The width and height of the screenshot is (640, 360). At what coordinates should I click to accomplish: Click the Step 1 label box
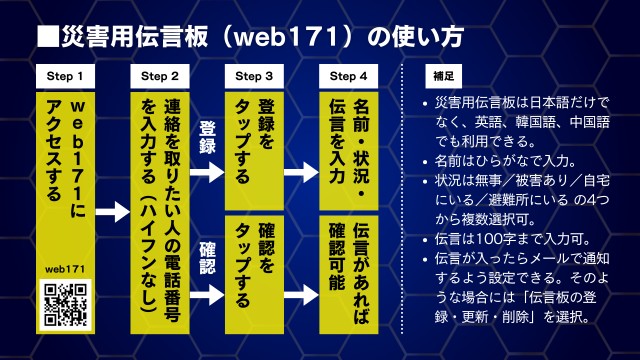(65, 76)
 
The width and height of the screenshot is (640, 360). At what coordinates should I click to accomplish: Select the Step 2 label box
(160, 76)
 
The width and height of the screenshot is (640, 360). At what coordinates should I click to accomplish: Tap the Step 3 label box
(254, 76)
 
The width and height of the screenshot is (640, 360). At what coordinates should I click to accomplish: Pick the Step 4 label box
(348, 76)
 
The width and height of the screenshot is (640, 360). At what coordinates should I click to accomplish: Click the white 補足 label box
(443, 76)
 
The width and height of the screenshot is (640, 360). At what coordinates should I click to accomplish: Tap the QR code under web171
(65, 305)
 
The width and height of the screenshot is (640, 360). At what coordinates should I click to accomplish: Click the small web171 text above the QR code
(65, 269)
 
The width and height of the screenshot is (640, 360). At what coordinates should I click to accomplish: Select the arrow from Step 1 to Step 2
(113, 212)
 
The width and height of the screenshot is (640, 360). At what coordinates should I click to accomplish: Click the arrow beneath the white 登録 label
(207, 172)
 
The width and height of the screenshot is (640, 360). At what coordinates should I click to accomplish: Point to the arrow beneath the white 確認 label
(207, 295)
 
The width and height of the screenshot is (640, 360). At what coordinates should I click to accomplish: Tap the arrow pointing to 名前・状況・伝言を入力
(301, 172)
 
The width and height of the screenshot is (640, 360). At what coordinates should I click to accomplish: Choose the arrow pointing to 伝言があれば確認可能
(301, 295)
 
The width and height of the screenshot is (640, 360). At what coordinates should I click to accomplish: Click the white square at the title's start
(48, 37)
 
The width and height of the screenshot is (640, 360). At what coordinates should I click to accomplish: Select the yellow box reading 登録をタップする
(254, 151)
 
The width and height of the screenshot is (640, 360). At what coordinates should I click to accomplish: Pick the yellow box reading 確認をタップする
(254, 275)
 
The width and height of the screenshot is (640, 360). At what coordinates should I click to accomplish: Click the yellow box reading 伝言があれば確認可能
(348, 275)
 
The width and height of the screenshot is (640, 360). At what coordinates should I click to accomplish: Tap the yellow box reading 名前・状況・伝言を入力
(348, 151)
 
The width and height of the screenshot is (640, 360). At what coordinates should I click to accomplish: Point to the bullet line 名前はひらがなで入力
(500, 161)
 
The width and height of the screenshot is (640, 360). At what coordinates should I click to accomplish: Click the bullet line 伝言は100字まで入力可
(506, 239)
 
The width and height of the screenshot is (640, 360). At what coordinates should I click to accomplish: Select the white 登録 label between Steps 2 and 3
(207, 137)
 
